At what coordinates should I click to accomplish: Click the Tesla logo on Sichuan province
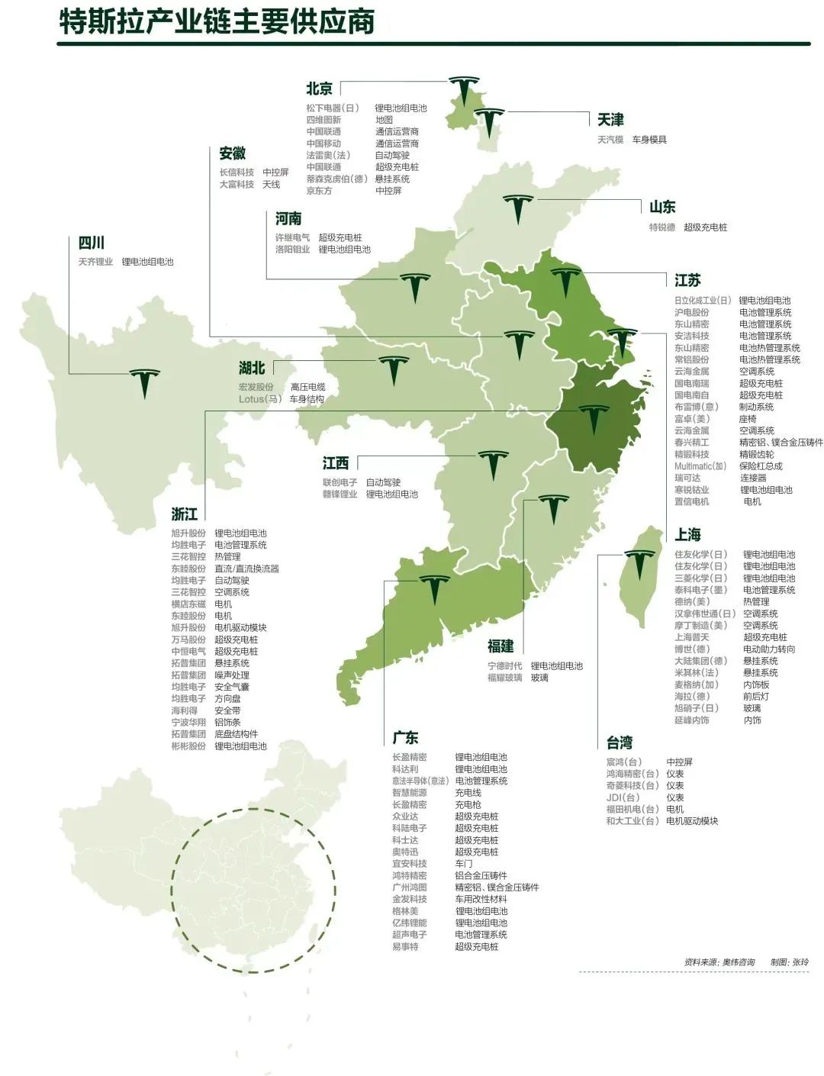(144, 382)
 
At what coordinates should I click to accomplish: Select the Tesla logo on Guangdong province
(434, 588)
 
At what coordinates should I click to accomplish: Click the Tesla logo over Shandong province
(517, 208)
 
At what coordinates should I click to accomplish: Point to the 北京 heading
(319, 89)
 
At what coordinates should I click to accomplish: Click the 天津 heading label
(610, 120)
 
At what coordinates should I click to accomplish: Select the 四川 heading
(92, 243)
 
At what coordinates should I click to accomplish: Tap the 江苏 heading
(687, 280)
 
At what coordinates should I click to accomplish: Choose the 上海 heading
(687, 534)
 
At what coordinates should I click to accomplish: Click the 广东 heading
(405, 738)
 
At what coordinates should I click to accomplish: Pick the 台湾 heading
(620, 743)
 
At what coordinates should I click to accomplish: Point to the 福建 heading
(501, 646)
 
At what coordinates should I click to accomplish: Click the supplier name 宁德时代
(505, 666)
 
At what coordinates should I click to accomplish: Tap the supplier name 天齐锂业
(95, 262)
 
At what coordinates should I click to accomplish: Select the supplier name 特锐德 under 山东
(662, 227)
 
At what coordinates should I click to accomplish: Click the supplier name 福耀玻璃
(505, 678)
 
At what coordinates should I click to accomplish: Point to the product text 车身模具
(649, 140)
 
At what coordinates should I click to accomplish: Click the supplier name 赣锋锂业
(340, 495)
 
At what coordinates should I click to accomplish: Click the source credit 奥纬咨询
(739, 962)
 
